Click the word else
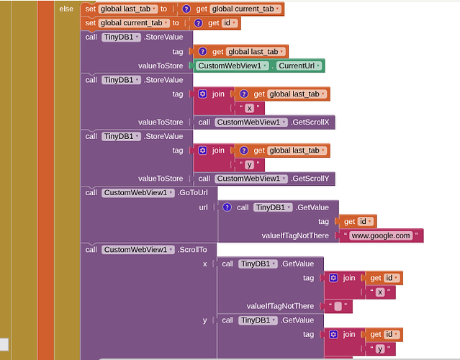66,9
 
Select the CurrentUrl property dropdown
299,66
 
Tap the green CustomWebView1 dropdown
232,66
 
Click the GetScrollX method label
310,122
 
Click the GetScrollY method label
310,179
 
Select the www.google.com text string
381,235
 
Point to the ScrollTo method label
192,250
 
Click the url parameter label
203,207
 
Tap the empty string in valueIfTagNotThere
338,306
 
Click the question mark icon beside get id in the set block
198,23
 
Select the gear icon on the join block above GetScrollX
202,94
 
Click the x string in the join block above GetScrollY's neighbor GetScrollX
249,108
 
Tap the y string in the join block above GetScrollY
249,165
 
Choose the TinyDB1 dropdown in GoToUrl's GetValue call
273,207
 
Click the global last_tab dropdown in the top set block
128,9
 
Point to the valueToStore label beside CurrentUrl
161,66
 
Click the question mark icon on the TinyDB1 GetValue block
227,207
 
